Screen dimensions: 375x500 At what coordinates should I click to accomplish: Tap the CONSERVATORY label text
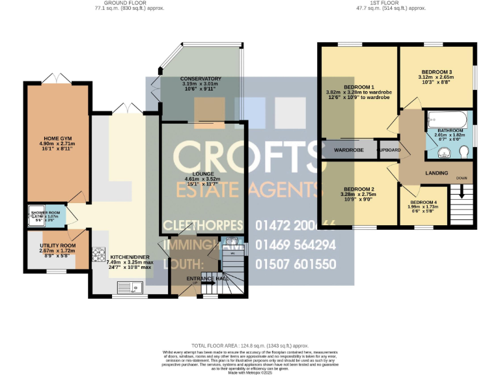[x=201, y=79]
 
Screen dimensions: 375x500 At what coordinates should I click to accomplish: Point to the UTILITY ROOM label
[x=57, y=245]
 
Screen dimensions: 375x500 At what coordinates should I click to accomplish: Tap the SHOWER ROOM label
[x=46, y=213]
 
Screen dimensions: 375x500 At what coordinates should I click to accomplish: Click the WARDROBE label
[x=348, y=150]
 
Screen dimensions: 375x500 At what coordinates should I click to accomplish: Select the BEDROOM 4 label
[x=423, y=202]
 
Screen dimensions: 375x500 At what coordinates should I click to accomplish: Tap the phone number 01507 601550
[x=305, y=264]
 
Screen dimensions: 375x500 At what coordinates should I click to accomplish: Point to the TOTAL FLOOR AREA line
[x=250, y=346]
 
